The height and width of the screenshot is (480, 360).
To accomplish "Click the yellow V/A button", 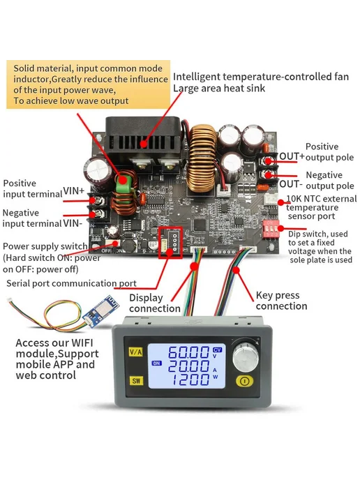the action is pos(135,352).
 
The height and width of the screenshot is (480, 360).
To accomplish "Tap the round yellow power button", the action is pos(244,381).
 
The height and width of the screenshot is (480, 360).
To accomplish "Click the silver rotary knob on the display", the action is pos(246,355).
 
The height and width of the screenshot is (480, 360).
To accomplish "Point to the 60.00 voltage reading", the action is pos(188,352).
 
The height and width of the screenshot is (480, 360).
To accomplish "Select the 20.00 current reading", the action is pos(188,366).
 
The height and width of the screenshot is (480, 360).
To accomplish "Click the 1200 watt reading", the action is pos(190,380).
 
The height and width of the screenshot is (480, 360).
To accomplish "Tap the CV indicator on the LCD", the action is pos(217,350).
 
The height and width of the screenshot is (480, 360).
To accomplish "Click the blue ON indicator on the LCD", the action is pos(156,363).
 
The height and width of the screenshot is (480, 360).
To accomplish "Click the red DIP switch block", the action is pos(271,229).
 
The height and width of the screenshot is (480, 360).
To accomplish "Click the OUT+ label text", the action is pos(292,156).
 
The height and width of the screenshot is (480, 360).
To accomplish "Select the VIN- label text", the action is pos(73,223).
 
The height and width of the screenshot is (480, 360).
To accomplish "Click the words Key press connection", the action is pos(281,301).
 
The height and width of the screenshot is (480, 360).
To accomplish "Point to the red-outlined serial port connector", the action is pos(170,243).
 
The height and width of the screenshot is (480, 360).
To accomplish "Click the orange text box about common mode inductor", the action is pos(88,84).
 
